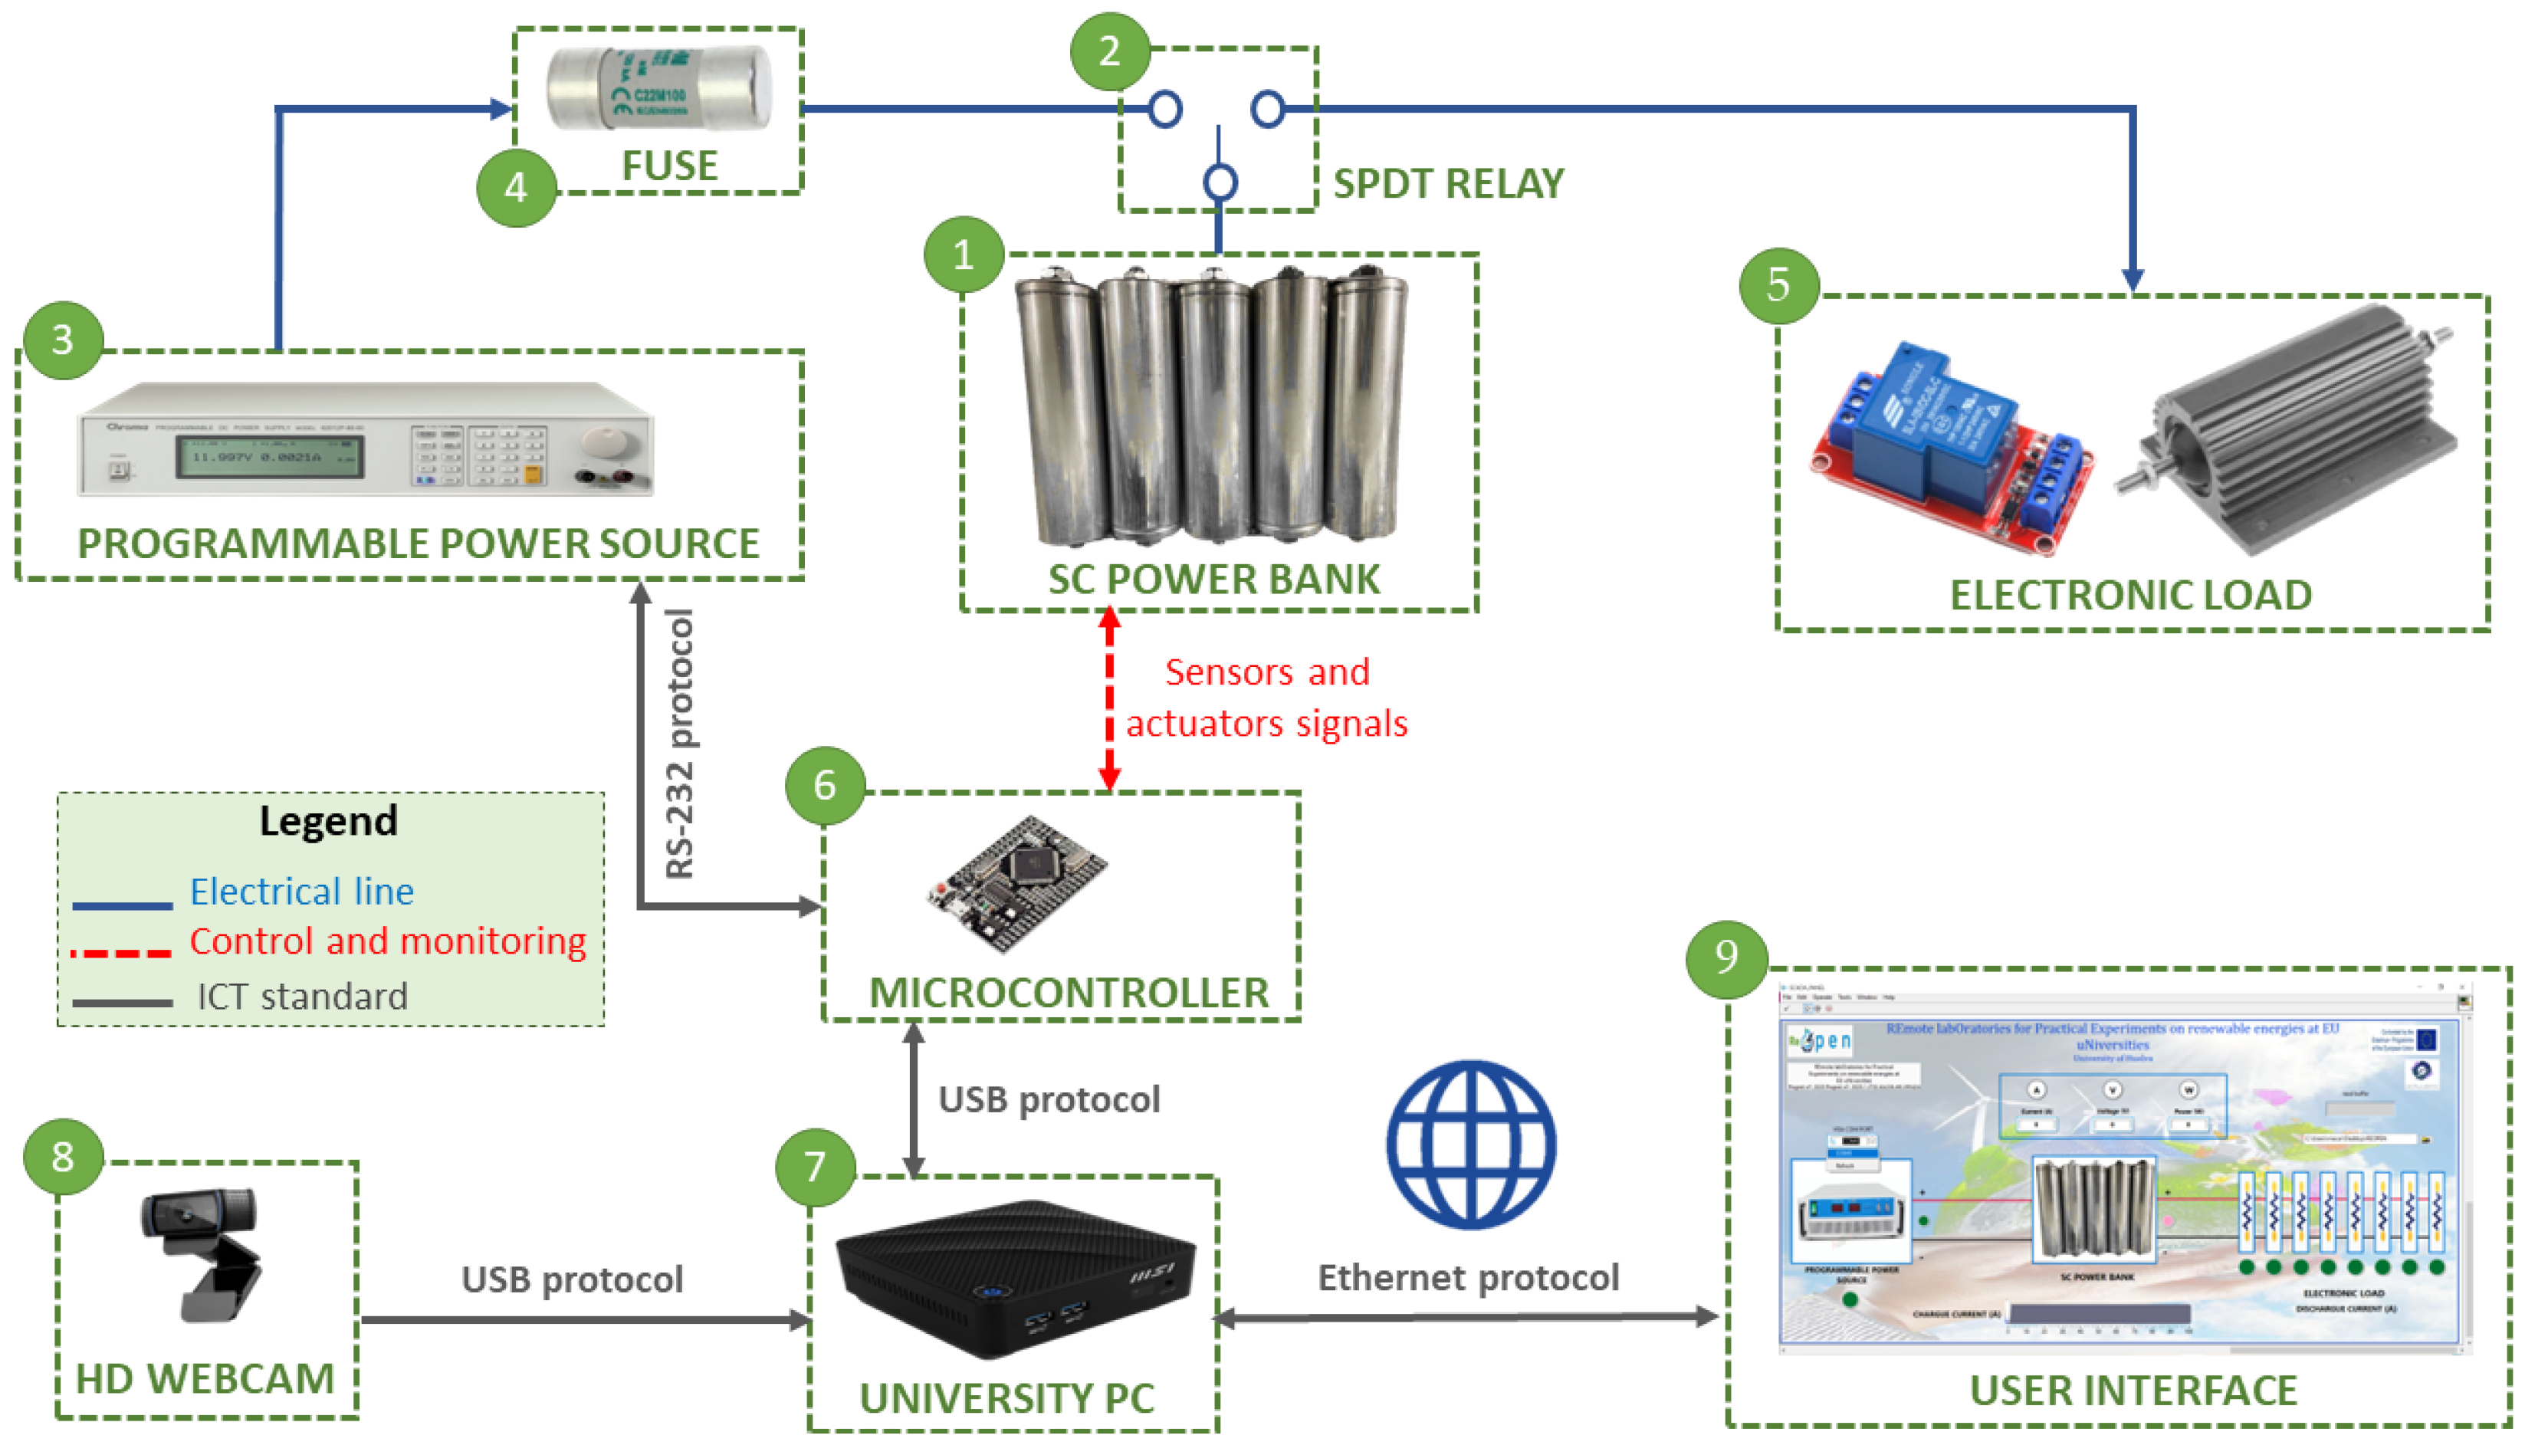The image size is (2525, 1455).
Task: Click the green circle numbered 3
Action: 62,340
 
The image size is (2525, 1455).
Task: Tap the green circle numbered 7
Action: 814,1166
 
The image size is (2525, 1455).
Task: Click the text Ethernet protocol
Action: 1468,1277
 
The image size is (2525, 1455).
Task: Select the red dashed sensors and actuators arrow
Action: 1109,699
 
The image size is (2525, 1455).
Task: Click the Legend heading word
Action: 328,820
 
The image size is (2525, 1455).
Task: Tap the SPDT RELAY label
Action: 1448,184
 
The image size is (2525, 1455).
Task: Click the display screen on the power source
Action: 270,457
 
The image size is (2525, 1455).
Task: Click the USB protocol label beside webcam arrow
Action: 572,1279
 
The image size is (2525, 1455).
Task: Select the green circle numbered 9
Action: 1725,957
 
